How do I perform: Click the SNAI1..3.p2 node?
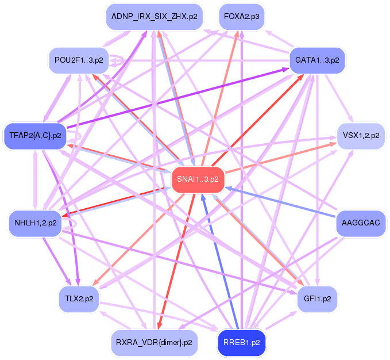pyautogui.click(x=198, y=179)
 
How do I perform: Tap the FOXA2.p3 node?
pyautogui.click(x=241, y=17)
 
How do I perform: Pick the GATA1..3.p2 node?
pyautogui.click(x=317, y=60)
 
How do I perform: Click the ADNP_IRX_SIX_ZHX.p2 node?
pyautogui.click(x=154, y=17)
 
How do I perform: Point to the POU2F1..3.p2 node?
pyautogui.click(x=79, y=60)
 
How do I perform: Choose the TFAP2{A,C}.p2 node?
pyautogui.click(x=35, y=136)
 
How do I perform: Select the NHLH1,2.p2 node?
pyautogui.click(x=35, y=222)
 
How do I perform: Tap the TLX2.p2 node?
pyautogui.click(x=79, y=298)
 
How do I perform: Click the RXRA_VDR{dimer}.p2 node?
pyautogui.click(x=154, y=343)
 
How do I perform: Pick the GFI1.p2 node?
pyautogui.click(x=317, y=298)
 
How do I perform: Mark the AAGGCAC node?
pyautogui.click(x=360, y=222)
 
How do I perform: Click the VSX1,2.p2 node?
pyautogui.click(x=360, y=136)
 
